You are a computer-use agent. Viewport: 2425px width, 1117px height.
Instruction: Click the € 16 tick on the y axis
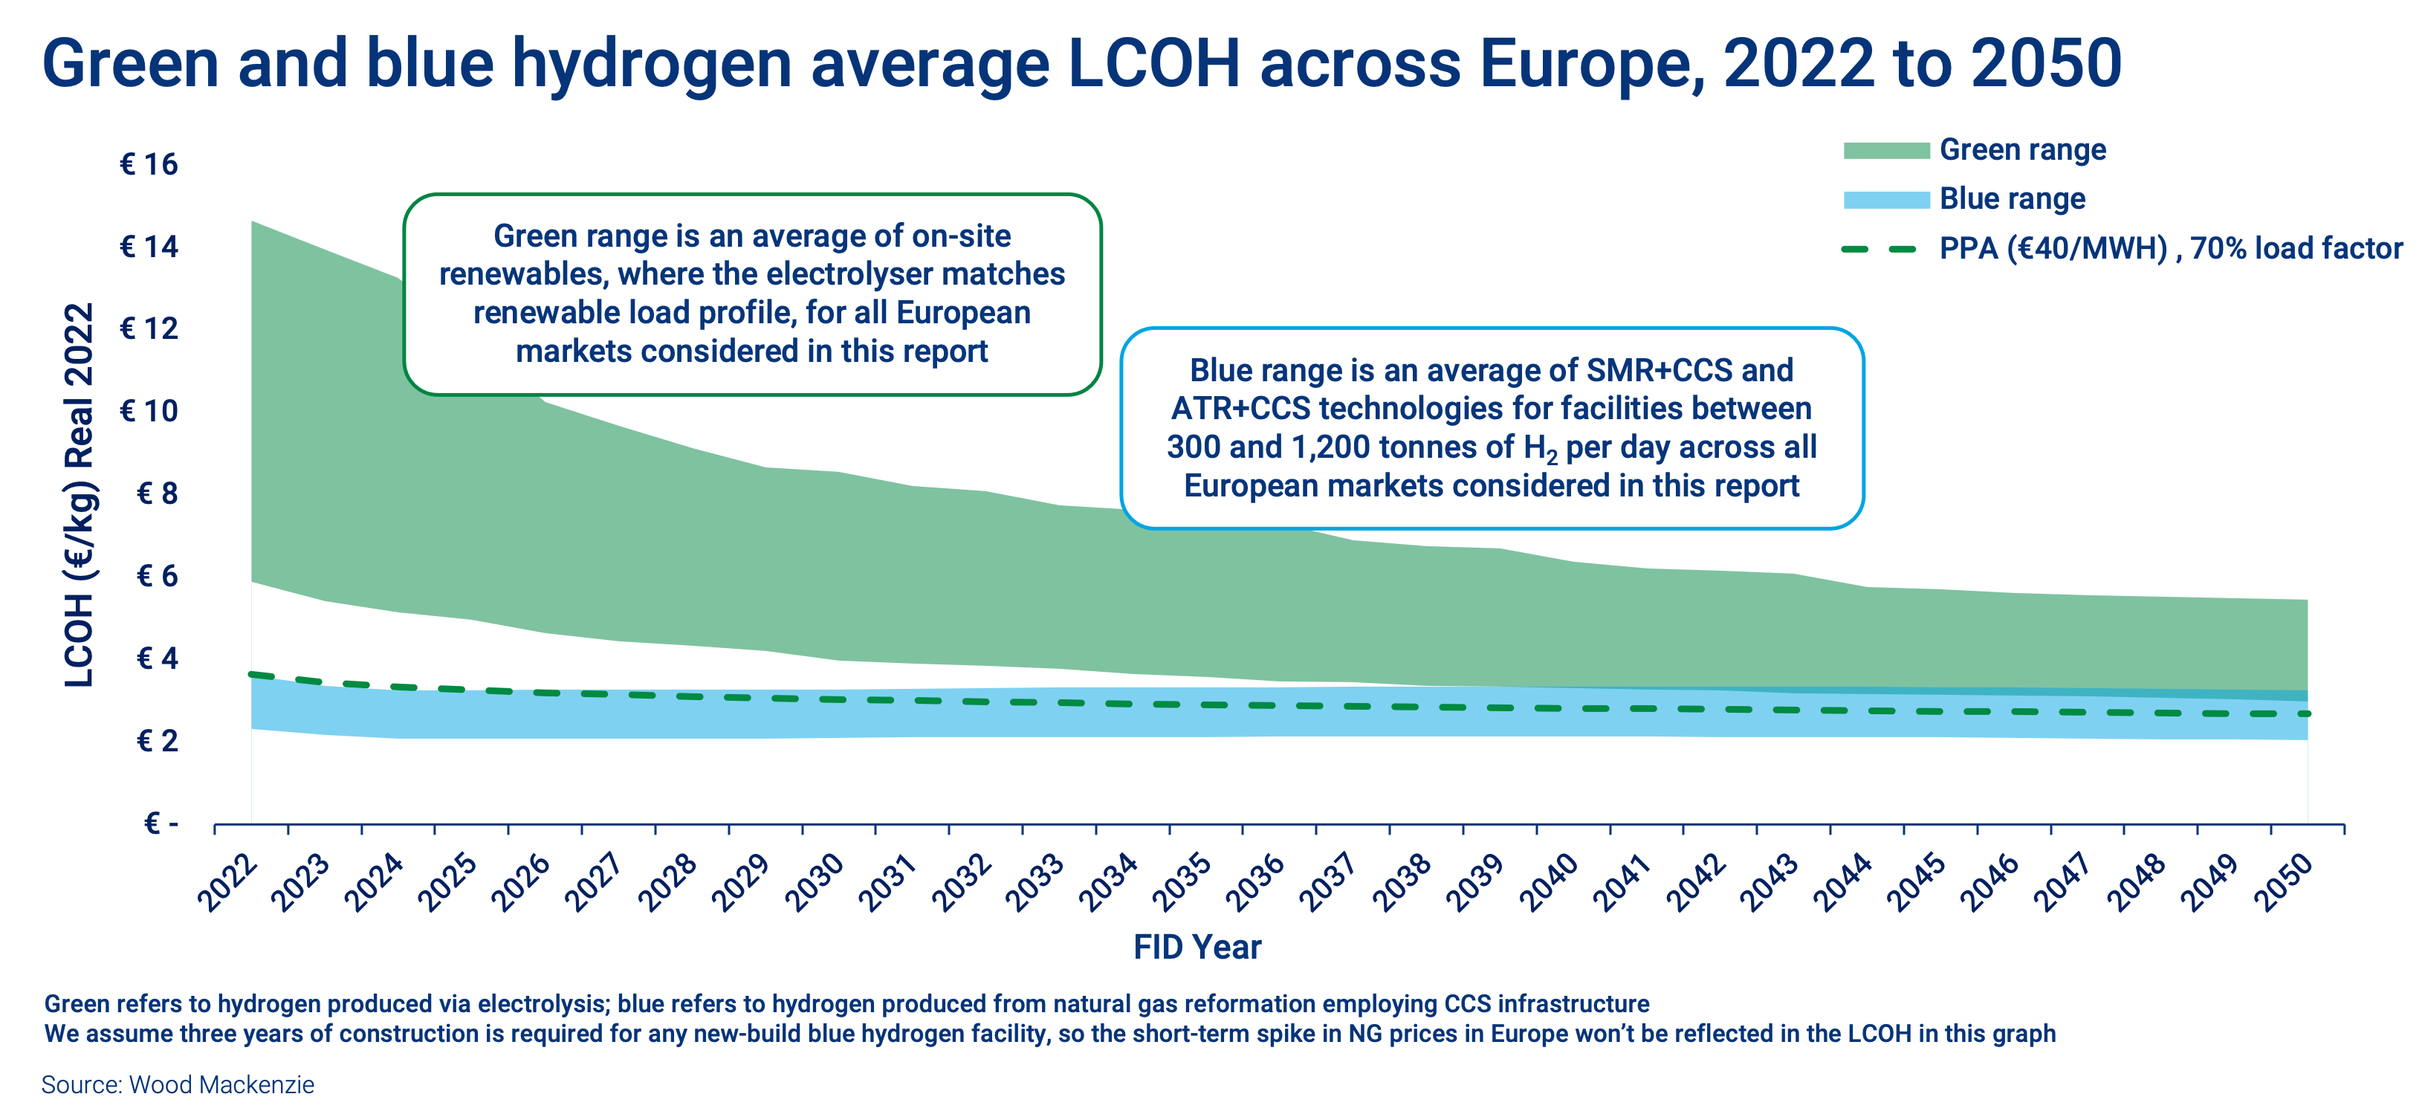[x=149, y=165]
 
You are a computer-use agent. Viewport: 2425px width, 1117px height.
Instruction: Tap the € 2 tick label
[x=158, y=742]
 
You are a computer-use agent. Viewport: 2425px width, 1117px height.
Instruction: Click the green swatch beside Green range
[x=1885, y=151]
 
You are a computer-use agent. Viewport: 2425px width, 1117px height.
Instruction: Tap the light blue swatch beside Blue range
[x=1885, y=199]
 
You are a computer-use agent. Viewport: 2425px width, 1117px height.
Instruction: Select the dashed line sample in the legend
[x=1879, y=250]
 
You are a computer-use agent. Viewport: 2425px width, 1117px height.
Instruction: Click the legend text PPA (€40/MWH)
[x=2052, y=248]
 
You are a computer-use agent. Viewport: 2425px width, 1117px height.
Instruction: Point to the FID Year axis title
[x=1197, y=947]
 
